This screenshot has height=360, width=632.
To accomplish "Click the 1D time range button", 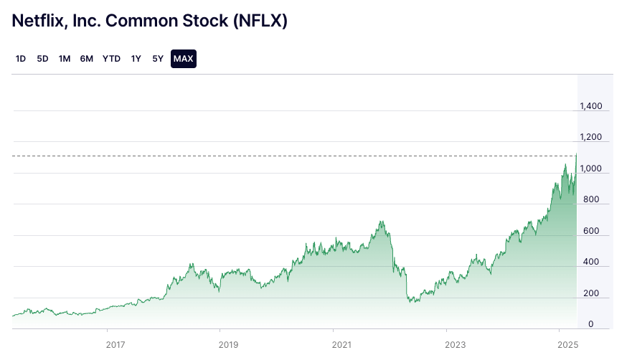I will pos(21,59).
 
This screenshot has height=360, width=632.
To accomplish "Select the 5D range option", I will pos(42,59).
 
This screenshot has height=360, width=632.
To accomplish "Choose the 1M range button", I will pos(65,59).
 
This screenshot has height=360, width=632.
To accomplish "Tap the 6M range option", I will pos(87,59).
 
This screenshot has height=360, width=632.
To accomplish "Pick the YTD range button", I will pos(111,59).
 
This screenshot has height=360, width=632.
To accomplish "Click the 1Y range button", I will pos(136,59).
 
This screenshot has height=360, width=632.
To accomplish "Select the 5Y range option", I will pos(158,59).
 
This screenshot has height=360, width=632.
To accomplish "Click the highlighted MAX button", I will pos(184,59).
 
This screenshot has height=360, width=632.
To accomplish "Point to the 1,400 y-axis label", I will pos(591,106).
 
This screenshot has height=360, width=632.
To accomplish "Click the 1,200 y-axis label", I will pos(591,137).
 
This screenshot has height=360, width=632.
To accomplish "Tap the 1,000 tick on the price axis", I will pos(591,169).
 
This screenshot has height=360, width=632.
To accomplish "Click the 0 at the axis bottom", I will pos(590,325).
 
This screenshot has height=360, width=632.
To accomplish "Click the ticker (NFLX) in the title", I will pos(260,21).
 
